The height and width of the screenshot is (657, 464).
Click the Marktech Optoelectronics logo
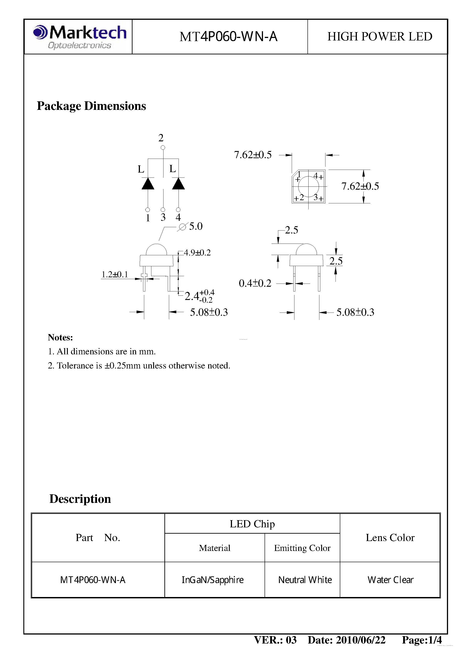point(80,37)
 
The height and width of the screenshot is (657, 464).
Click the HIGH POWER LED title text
point(379,37)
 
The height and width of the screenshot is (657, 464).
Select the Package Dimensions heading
point(91,106)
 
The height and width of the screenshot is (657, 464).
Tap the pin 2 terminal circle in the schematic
point(163,148)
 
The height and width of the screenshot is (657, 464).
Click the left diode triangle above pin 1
point(148,184)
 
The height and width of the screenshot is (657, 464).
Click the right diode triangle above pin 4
point(178,184)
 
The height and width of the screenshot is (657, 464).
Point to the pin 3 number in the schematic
point(163,218)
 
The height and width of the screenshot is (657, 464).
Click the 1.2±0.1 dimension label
point(114,274)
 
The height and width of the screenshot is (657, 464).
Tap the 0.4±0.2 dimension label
point(255,283)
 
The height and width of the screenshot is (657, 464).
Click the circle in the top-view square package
point(308,186)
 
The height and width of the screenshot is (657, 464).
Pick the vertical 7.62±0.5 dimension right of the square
point(360,186)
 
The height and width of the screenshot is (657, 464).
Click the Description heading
point(80,499)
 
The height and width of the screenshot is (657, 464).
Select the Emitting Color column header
point(302,548)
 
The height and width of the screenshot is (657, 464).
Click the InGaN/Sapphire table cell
point(212,580)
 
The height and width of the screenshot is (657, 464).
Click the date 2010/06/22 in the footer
point(360,640)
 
